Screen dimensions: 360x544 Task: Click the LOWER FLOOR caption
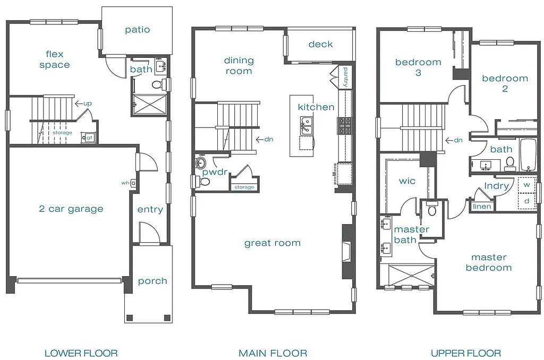[81, 353]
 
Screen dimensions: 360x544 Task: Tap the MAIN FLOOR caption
[273, 353]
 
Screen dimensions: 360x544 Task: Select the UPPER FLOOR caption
[465, 353]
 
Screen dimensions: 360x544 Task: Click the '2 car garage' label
[71, 209]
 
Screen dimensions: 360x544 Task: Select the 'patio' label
[138, 30]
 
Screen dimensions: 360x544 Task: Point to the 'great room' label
[273, 243]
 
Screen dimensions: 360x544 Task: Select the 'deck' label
[321, 44]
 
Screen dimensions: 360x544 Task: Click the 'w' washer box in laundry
[526, 185]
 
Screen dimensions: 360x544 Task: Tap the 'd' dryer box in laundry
[526, 201]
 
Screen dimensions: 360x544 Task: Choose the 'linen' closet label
[482, 206]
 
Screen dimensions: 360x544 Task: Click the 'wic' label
[407, 181]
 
